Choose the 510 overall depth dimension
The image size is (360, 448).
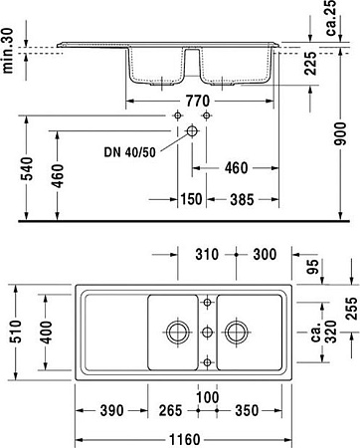(x=12, y=333)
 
